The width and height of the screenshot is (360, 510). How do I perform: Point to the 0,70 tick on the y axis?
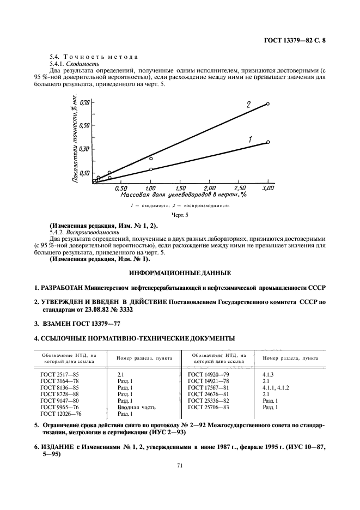point(84,102)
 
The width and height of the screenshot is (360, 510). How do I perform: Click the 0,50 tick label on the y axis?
point(84,126)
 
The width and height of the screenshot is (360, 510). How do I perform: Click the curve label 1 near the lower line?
point(250,140)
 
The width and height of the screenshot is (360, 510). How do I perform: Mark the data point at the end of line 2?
point(268,103)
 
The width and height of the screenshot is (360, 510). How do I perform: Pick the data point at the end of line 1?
point(268,142)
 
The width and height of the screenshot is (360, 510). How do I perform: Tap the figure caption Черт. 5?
point(180,216)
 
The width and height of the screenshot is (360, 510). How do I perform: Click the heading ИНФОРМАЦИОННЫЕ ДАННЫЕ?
point(180,272)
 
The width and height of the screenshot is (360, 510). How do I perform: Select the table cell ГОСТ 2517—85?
point(59,375)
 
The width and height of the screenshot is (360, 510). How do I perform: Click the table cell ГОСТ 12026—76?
point(60,414)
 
